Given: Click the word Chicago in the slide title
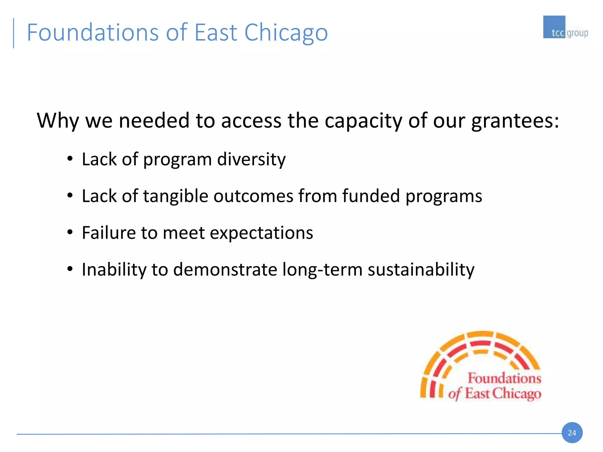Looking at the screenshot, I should pos(286,32).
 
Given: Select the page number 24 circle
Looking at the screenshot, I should pos(572,433).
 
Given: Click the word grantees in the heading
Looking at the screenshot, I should pos(515,121).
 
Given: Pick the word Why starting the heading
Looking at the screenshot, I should pos(58,121).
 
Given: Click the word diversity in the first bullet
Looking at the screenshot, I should pos(251,159).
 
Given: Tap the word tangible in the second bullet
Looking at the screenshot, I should pos(175,196).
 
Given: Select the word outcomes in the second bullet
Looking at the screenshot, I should pos(253,196).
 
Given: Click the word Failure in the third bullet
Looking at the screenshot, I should pos(109,233).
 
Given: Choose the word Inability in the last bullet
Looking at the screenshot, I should pos(114,270).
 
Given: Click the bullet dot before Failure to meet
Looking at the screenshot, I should pos(70,232).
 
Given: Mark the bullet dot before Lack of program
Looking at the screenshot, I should pos(70,159).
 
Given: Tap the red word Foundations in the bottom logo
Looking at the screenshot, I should pos(504,378).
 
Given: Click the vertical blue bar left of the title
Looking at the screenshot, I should pos(14,33).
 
